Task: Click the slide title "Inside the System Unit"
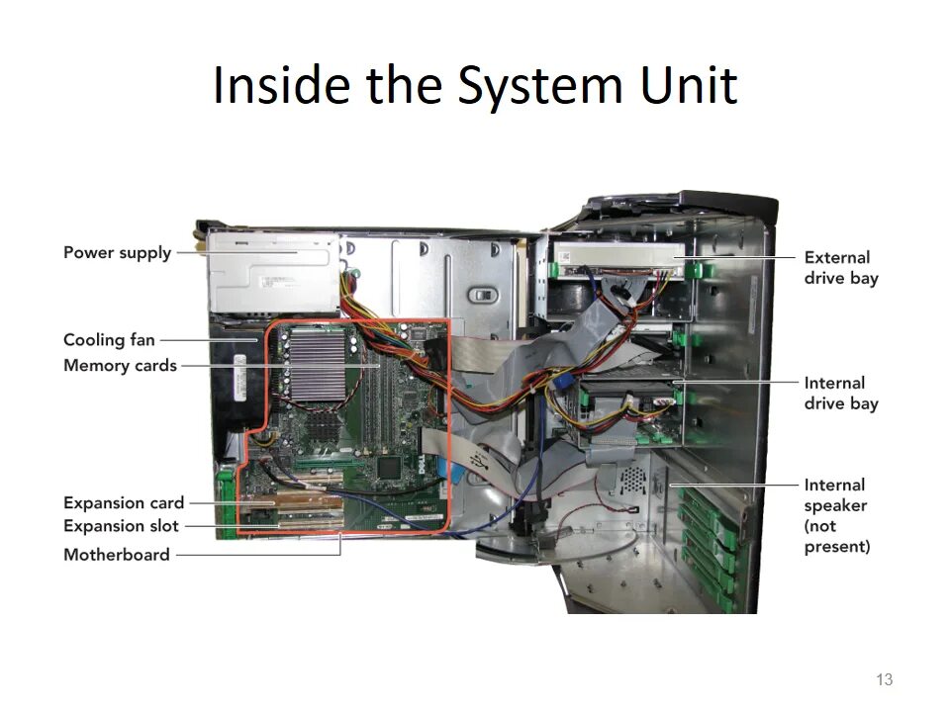[475, 85]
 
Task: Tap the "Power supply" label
[117, 252]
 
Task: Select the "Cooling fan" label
[109, 340]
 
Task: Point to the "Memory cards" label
[120, 366]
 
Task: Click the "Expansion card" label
[124, 503]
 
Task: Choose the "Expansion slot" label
[121, 526]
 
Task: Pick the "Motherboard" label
[117, 555]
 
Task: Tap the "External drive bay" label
[840, 268]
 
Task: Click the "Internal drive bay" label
[840, 393]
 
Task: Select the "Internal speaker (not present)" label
[836, 515]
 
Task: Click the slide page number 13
[885, 679]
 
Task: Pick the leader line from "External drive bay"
[737, 256]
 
